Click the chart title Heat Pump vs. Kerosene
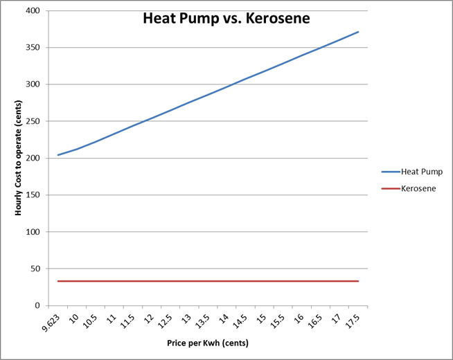coord(226,19)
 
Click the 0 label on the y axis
coord(38,305)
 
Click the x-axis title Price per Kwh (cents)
coord(206,343)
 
